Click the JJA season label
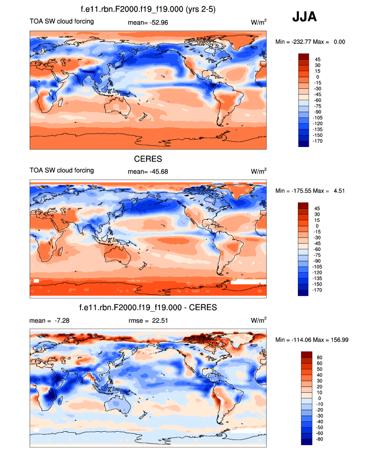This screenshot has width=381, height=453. coord(304,17)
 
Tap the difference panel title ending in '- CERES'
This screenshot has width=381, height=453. coord(148,308)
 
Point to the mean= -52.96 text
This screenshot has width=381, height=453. coord(148,22)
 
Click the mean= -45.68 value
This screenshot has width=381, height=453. coord(148,171)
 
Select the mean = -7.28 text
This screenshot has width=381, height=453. coord(50,321)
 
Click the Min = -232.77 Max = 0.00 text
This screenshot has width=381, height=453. coord(310,42)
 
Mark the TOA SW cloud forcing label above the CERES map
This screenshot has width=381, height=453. coord(62,170)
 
